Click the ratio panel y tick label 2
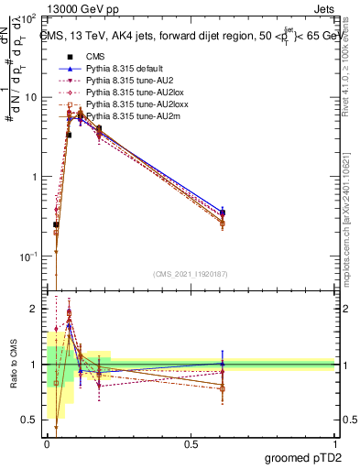[36, 310]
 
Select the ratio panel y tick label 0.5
[32, 420]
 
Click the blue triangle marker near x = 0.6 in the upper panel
[223, 212]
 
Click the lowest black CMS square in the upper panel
[56, 224]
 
